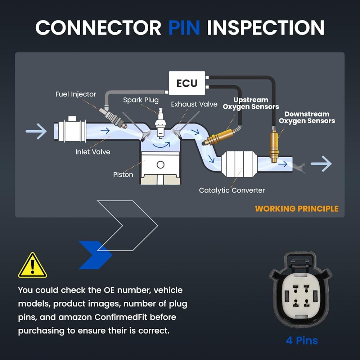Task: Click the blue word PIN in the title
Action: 184,28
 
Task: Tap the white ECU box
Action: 187,83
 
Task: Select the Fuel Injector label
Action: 76,94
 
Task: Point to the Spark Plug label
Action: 141,100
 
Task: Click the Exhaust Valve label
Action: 194,104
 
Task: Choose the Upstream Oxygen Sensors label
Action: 251,103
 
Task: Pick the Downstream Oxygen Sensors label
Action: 307,117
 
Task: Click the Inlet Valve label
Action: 93,152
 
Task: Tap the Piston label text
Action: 123,175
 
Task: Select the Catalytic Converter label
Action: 232,190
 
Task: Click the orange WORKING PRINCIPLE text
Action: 297,208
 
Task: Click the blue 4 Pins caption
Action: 302,341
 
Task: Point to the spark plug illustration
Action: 161,123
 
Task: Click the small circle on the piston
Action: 161,165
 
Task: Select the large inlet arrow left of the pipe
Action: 36,131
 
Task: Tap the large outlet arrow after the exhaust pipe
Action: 321,164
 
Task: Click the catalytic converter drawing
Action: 239,164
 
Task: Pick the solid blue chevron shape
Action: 95,255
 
